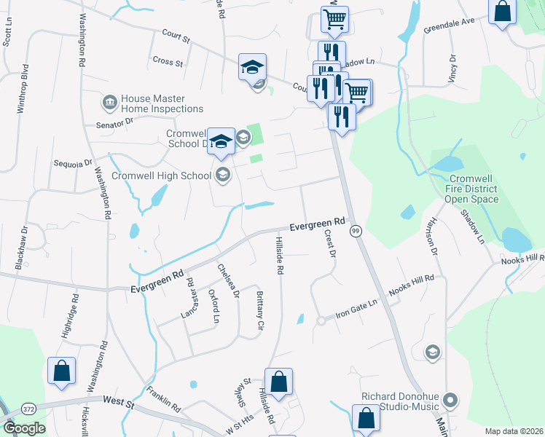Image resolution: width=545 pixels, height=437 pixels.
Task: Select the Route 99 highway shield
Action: point(356,231)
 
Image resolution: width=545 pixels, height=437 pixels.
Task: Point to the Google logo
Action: point(24,428)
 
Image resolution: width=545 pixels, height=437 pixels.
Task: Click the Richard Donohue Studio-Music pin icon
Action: point(450,399)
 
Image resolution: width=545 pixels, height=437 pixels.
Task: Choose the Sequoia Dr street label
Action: point(74,163)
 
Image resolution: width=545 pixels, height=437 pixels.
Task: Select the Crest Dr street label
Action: point(331,243)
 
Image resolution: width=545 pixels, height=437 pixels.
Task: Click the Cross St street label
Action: point(168,62)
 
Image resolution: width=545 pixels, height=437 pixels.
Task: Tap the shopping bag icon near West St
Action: point(62,369)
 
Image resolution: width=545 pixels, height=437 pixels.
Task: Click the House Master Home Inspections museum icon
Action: point(110,103)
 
